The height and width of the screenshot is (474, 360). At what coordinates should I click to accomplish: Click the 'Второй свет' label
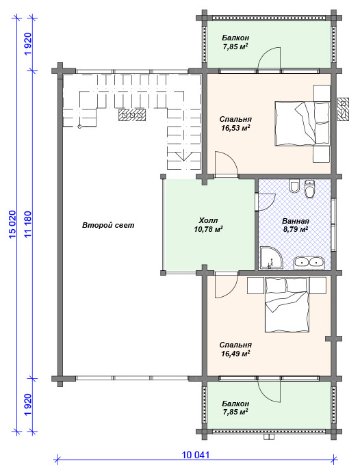point(108,225)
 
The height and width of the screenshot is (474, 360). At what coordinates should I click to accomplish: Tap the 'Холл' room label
point(208,220)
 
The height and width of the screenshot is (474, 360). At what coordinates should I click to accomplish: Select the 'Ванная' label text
point(296,221)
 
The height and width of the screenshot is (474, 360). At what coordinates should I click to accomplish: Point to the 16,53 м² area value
point(235,128)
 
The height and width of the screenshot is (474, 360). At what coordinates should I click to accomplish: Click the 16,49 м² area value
point(235,354)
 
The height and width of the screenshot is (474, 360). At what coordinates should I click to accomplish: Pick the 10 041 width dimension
point(196,455)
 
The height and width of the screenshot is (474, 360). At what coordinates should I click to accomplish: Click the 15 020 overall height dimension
point(12,224)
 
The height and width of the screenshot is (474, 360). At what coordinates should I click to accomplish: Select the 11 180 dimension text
point(28,224)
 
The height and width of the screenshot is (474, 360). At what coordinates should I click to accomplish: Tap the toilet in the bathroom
point(309,189)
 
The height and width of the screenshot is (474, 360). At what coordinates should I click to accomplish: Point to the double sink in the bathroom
point(309,262)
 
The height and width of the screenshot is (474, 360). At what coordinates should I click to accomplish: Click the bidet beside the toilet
point(294,187)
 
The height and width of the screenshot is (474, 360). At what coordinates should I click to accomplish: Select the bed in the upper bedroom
point(302,124)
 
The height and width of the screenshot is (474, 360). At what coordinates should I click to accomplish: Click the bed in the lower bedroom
point(287,305)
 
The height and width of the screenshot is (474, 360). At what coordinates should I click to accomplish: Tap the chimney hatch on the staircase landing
point(132,115)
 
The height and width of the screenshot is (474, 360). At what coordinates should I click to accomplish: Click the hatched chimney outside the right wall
point(343,109)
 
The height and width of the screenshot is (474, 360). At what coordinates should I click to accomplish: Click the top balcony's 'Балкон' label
point(235,38)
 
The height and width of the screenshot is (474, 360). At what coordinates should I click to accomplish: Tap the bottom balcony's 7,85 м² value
point(235,412)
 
